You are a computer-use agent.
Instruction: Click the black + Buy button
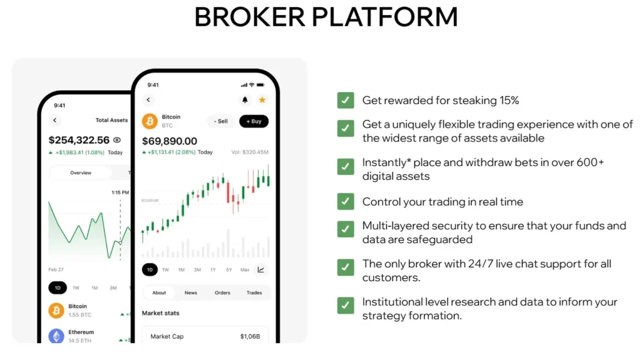254,121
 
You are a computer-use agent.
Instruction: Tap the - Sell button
220,121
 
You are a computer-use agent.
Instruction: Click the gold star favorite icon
262,100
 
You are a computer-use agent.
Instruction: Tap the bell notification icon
245,100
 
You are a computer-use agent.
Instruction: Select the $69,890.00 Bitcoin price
170,141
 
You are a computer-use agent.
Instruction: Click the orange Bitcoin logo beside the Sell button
150,121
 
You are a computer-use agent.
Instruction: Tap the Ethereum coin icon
56,336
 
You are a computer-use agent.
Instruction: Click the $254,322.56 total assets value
79,140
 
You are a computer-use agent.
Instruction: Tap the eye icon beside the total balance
117,140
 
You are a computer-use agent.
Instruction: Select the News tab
190,292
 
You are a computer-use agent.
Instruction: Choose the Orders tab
222,292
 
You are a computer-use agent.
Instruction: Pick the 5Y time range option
229,270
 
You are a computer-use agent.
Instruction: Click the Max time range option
245,270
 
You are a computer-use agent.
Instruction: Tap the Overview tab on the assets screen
81,173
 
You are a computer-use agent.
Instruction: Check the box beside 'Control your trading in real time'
346,202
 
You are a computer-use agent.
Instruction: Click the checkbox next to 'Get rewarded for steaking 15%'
346,100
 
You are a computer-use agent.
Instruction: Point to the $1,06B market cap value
250,337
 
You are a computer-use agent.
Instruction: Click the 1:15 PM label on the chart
120,193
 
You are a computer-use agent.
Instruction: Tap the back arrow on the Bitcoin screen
148,100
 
